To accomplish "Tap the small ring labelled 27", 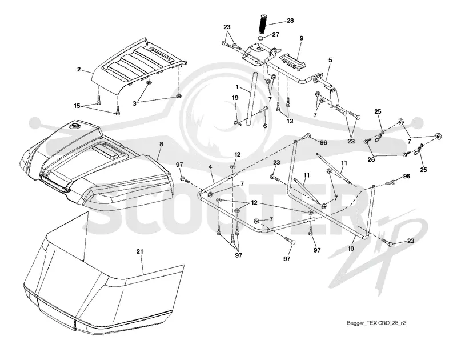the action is (x=262, y=38).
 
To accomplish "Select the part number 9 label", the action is (x=302, y=38).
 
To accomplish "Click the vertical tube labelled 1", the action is (x=251, y=99).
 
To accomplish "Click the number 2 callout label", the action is (x=79, y=69).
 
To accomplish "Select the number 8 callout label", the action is (x=161, y=144).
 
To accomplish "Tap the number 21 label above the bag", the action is (x=140, y=251).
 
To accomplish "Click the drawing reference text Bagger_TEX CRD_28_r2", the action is (x=376, y=323).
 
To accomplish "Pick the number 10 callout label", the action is (x=351, y=249).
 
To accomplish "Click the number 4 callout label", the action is (x=210, y=167).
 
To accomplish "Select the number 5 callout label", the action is (x=330, y=60).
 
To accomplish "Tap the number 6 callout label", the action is (x=265, y=126).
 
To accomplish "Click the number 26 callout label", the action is (x=371, y=160).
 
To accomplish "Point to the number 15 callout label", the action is (x=77, y=106).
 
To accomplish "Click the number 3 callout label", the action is (x=134, y=103).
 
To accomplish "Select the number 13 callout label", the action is (x=290, y=121).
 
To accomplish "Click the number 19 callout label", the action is (x=235, y=98).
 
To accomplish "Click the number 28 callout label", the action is (x=290, y=21).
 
